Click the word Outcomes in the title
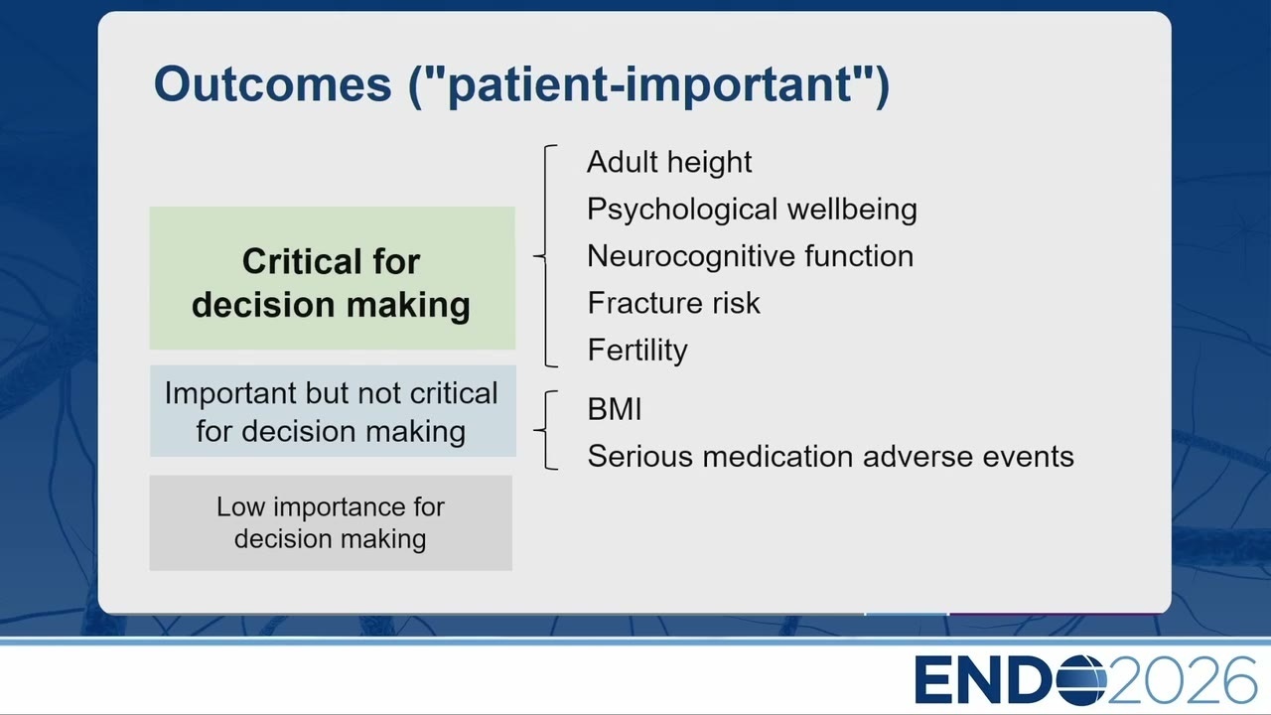click(272, 84)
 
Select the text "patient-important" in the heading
click(650, 85)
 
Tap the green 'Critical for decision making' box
click(333, 278)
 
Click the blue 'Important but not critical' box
click(333, 411)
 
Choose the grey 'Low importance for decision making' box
click(331, 522)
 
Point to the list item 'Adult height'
click(669, 163)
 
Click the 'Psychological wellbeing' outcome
click(752, 210)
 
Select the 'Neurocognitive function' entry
click(750, 256)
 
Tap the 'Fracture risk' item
click(673, 303)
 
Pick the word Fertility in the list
click(637, 351)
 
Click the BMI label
click(615, 409)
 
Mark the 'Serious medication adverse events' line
click(831, 456)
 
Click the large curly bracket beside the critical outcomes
click(545, 256)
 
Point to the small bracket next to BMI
click(545, 430)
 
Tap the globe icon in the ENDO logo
click(1081, 680)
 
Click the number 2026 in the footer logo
click(1182, 680)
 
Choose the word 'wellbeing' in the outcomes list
click(852, 210)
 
